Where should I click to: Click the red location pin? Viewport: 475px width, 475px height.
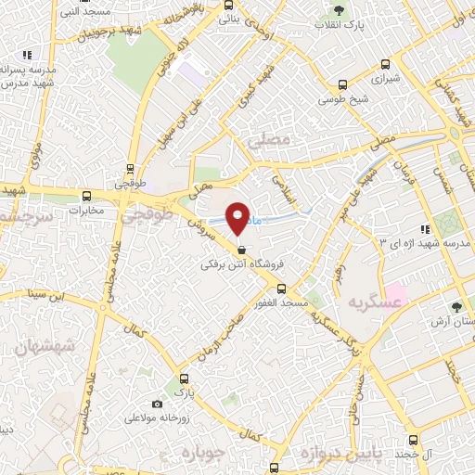tap(238, 217)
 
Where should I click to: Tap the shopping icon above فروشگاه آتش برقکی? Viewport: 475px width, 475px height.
tap(241, 249)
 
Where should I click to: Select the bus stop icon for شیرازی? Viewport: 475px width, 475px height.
tap(387, 65)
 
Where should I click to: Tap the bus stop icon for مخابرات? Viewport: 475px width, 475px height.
tap(87, 196)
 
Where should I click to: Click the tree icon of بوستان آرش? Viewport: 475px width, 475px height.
tap(456, 306)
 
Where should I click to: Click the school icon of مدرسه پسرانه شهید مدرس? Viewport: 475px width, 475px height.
tap(27, 56)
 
